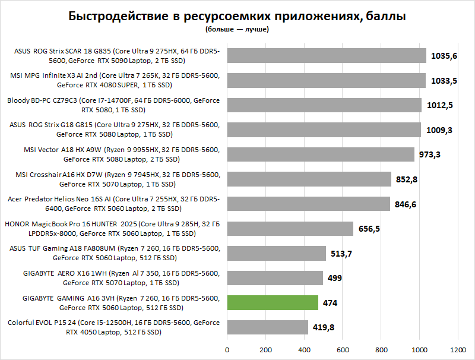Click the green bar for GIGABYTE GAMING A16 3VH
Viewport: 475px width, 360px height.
click(273, 303)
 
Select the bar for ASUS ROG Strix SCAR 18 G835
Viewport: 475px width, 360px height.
click(327, 56)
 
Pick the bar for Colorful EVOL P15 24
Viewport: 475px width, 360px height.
click(267, 327)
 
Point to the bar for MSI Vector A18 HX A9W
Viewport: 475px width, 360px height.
click(321, 154)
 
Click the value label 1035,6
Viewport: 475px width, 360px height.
click(445, 56)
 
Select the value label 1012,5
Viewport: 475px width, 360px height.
click(440, 105)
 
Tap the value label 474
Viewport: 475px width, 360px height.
click(330, 303)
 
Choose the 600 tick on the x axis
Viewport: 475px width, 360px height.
click(343, 349)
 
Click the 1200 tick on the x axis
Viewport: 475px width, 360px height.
click(458, 349)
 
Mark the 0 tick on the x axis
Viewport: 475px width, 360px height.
click(227, 349)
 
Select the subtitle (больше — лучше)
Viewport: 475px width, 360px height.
click(237, 29)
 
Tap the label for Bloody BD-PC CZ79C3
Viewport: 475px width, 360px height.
click(113, 105)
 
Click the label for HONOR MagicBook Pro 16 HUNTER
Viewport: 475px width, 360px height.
click(113, 229)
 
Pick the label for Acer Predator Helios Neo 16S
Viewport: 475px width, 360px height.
click(113, 204)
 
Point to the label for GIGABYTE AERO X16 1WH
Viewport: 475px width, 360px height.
click(113, 278)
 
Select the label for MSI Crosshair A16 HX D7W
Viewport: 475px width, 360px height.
click(113, 179)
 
